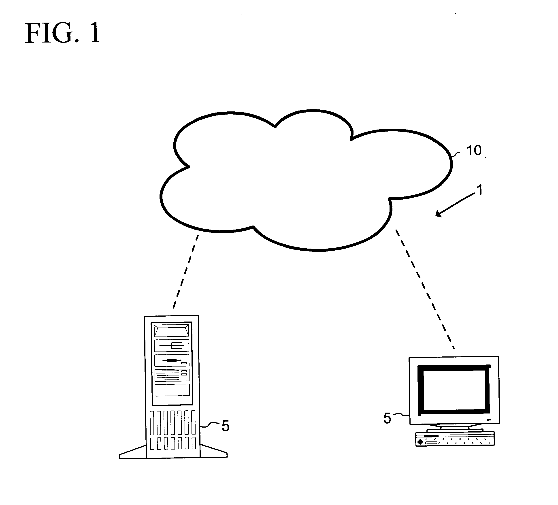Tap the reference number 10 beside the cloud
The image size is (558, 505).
tap(474, 151)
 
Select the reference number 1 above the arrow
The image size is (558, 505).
tap(480, 190)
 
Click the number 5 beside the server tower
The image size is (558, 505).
tap(225, 426)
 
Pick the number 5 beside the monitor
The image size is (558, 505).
tap(387, 418)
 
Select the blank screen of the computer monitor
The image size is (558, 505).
tap(454, 390)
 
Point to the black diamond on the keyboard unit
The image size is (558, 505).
tap(420, 442)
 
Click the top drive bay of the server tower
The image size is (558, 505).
tap(172, 330)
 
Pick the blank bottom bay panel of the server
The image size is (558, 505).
tap(172, 390)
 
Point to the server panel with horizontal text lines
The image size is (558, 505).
tap(172, 375)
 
